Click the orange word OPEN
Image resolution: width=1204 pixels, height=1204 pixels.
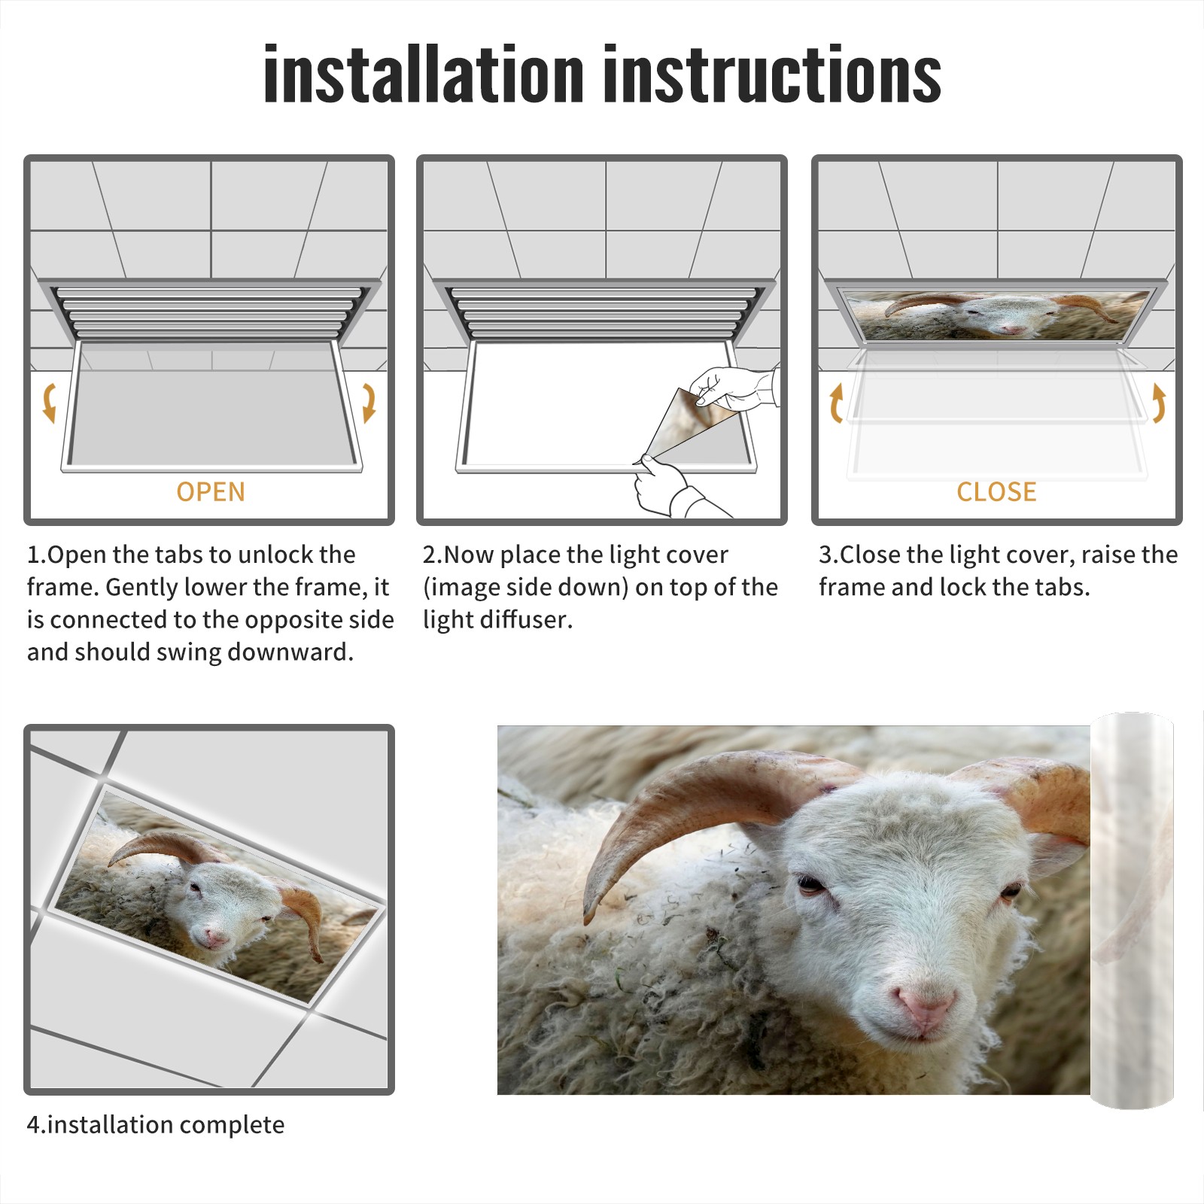click(211, 491)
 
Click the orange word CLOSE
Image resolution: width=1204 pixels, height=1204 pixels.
click(996, 491)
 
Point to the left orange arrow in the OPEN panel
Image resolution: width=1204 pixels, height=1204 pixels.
click(49, 402)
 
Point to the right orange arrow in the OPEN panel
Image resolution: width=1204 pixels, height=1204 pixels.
click(369, 402)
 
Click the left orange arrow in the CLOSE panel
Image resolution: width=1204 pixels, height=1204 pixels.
click(835, 402)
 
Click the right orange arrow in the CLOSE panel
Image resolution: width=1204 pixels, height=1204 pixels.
click(1159, 402)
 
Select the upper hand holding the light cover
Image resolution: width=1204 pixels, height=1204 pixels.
click(734, 388)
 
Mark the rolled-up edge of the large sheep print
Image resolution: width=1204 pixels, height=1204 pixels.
click(1132, 910)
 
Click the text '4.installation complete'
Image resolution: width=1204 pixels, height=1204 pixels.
click(156, 1125)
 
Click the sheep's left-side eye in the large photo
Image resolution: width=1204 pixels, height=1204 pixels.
click(810, 884)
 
